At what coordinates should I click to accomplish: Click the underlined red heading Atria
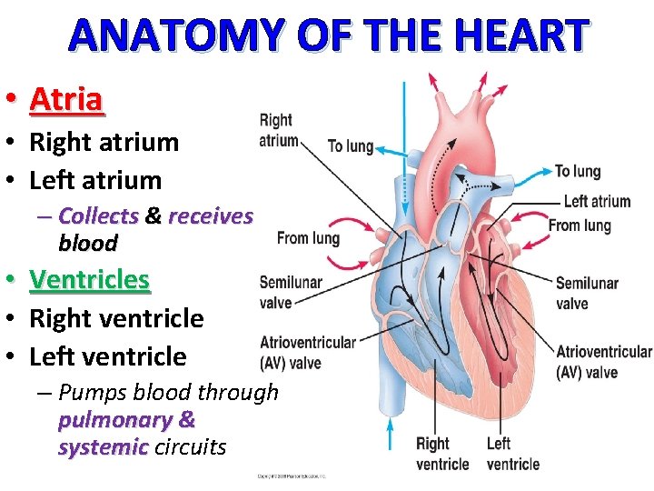(x=66, y=99)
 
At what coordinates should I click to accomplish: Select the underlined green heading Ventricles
(x=89, y=279)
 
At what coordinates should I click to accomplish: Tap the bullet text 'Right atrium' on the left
(x=104, y=142)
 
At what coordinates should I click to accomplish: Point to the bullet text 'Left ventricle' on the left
(x=107, y=356)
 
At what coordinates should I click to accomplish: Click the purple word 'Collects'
(x=98, y=216)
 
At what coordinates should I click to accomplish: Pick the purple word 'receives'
(x=211, y=216)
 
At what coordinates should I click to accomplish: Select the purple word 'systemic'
(x=103, y=447)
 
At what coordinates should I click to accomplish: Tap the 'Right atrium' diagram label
(x=277, y=129)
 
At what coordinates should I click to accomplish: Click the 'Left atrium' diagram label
(x=596, y=202)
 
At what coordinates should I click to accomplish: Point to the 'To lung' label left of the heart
(x=350, y=146)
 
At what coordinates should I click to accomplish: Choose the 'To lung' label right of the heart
(x=578, y=171)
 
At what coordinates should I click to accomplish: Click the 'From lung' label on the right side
(x=580, y=225)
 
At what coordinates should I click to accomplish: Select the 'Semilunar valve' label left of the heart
(x=290, y=292)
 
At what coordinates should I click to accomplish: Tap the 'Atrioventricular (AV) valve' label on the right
(x=603, y=362)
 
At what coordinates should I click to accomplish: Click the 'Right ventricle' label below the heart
(x=442, y=454)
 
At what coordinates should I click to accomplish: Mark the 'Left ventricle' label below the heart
(x=512, y=454)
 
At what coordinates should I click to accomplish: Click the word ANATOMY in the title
(x=171, y=35)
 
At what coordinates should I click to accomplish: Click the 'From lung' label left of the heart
(x=308, y=238)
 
